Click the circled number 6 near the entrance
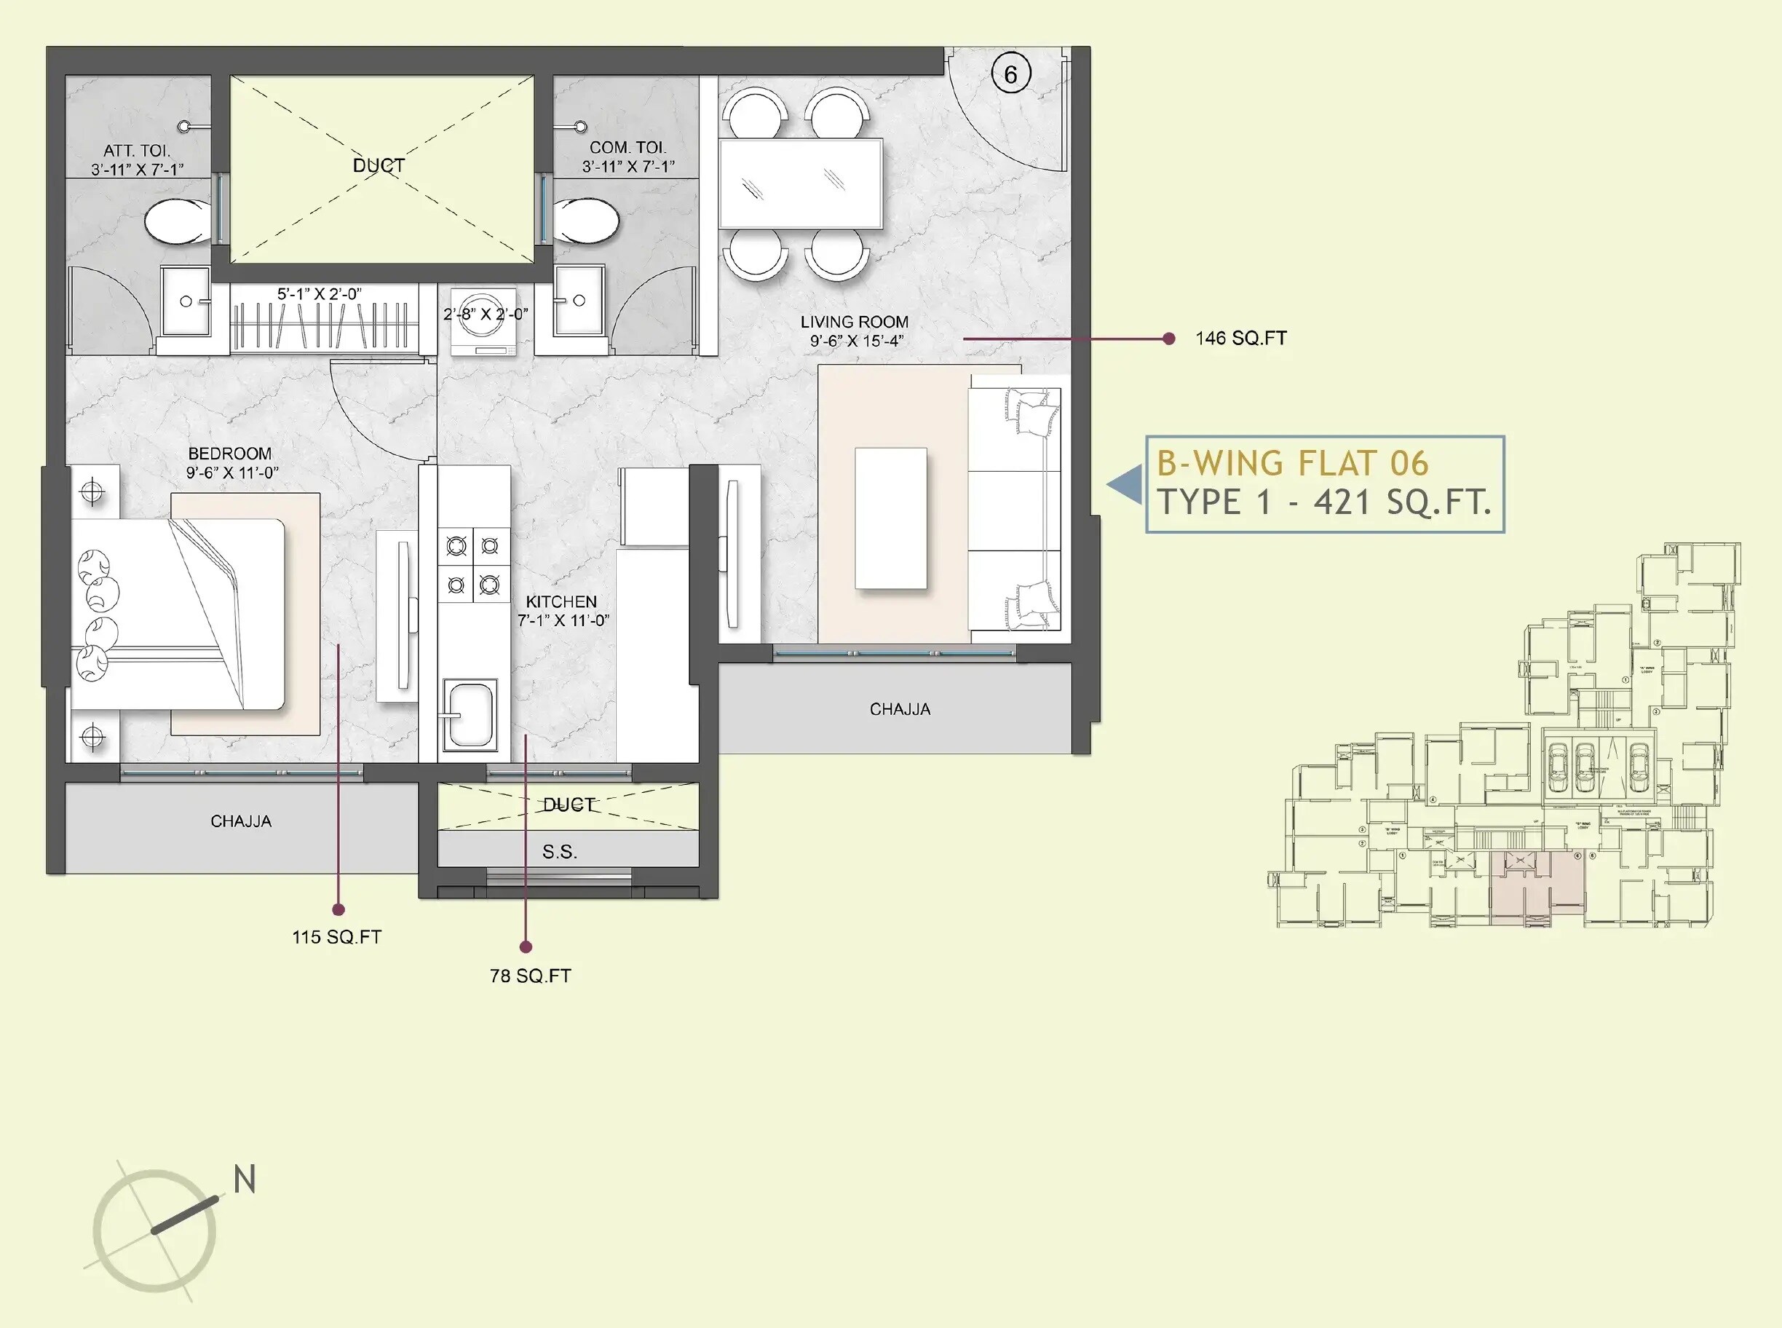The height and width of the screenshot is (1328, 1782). [1010, 75]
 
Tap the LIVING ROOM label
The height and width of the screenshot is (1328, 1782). [855, 322]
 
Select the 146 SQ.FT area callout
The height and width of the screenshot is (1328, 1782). [1240, 339]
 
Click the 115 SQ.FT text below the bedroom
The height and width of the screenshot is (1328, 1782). [337, 936]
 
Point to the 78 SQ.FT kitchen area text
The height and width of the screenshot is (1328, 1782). [531, 976]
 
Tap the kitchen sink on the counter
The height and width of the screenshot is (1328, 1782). [470, 714]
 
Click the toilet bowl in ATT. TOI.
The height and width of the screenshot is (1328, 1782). [177, 221]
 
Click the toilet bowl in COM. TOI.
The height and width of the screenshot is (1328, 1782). [588, 221]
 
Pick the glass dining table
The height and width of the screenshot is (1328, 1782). [801, 183]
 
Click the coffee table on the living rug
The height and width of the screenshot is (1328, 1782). [890, 518]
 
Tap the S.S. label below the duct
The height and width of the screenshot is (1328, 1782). [560, 852]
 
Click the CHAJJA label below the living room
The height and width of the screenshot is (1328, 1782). [900, 709]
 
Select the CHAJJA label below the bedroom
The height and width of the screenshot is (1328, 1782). [241, 821]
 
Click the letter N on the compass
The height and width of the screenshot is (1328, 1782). [245, 1179]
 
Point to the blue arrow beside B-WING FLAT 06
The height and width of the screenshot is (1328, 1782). [1126, 485]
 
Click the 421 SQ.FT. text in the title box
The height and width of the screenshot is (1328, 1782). [1403, 503]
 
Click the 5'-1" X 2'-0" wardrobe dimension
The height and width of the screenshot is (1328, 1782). [319, 294]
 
